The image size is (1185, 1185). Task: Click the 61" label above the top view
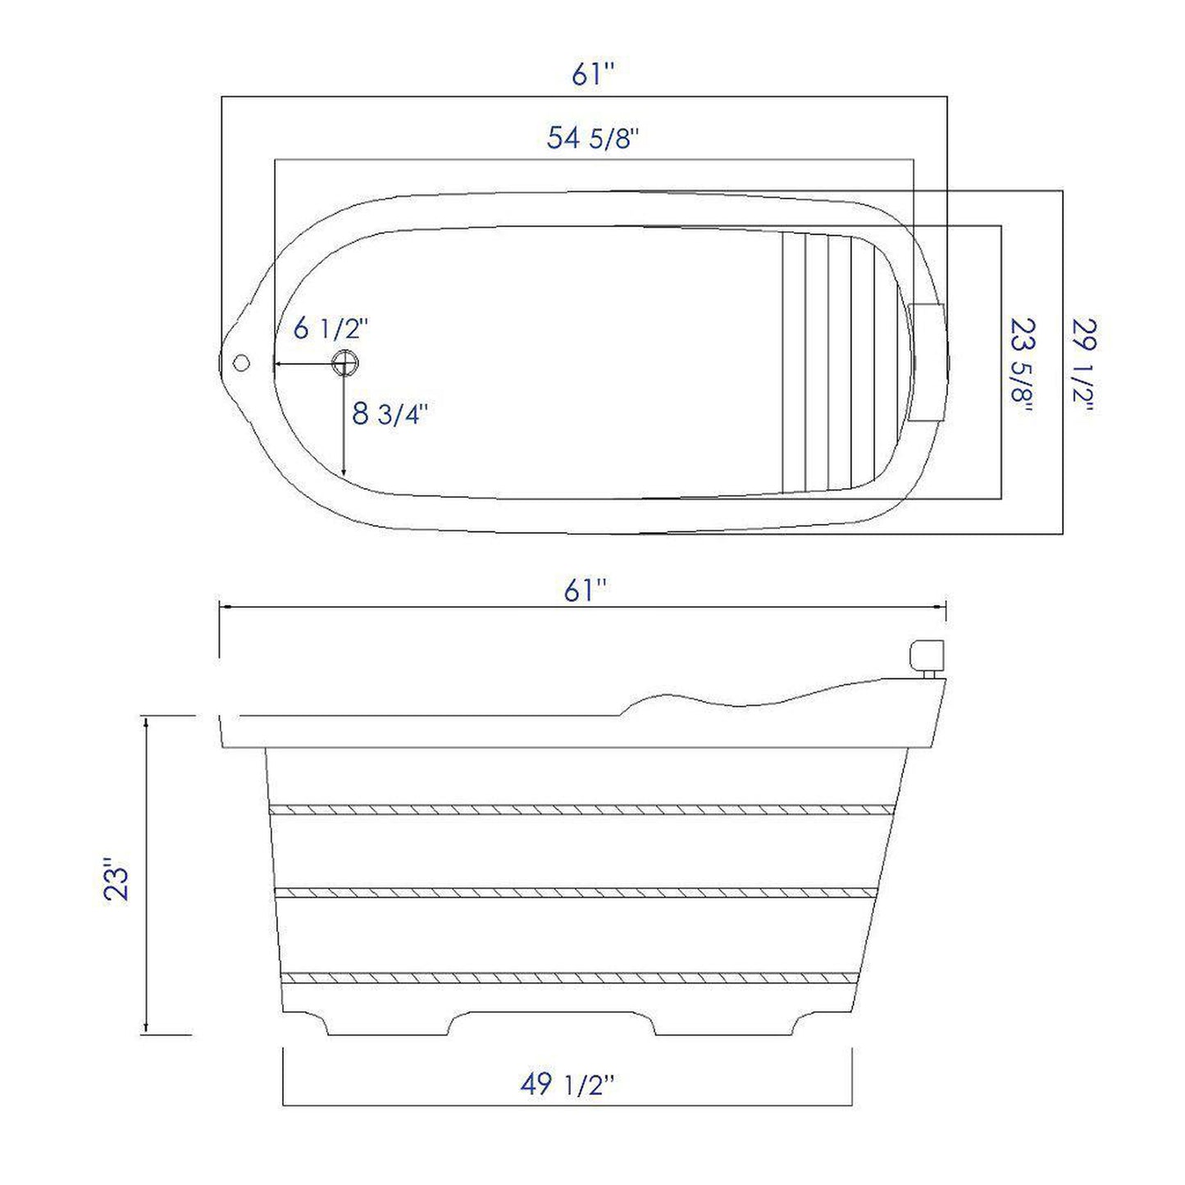pyautogui.click(x=593, y=75)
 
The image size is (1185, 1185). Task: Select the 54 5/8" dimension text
pyautogui.click(x=592, y=139)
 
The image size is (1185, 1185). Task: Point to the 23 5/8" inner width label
pyautogui.click(x=1020, y=366)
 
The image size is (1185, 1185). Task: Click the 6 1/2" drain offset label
pyautogui.click(x=331, y=329)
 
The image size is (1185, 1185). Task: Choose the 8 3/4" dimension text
pyautogui.click(x=390, y=414)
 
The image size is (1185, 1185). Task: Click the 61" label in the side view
pyautogui.click(x=585, y=590)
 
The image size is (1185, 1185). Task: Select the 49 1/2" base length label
pyautogui.click(x=567, y=1085)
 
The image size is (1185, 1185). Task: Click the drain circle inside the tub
pyautogui.click(x=345, y=362)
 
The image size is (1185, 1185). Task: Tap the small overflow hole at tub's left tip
pyautogui.click(x=241, y=362)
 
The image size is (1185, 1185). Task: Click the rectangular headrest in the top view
pyautogui.click(x=927, y=362)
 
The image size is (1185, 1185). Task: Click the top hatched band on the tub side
pyautogui.click(x=581, y=809)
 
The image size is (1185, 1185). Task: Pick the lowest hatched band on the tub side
pyautogui.click(x=571, y=977)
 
